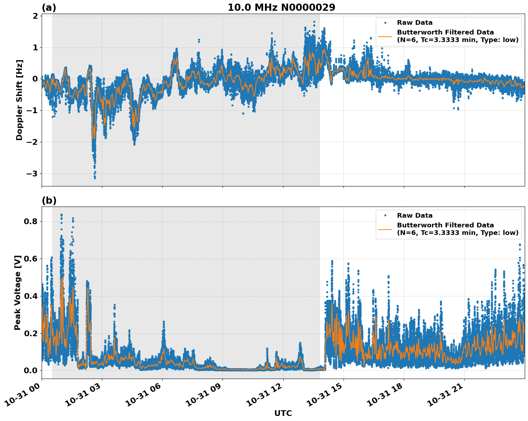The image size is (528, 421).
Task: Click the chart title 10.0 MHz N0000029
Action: click(x=281, y=8)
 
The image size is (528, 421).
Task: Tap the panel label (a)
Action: click(x=49, y=8)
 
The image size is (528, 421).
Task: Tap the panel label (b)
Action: click(x=49, y=200)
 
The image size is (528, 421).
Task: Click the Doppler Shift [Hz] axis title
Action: click(x=19, y=100)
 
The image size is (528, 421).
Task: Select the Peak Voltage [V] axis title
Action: click(x=18, y=292)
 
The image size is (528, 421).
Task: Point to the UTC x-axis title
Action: click(x=283, y=413)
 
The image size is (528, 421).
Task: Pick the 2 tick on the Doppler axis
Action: click(x=35, y=16)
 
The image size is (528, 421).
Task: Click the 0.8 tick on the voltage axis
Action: click(x=31, y=222)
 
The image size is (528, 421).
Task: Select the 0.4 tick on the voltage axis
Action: click(x=31, y=296)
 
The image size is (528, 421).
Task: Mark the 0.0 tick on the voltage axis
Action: click(x=31, y=371)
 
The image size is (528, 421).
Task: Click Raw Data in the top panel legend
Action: click(x=415, y=23)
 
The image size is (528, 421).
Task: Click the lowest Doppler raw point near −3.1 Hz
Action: click(x=95, y=178)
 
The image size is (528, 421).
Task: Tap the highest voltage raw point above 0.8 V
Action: click(x=61, y=215)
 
